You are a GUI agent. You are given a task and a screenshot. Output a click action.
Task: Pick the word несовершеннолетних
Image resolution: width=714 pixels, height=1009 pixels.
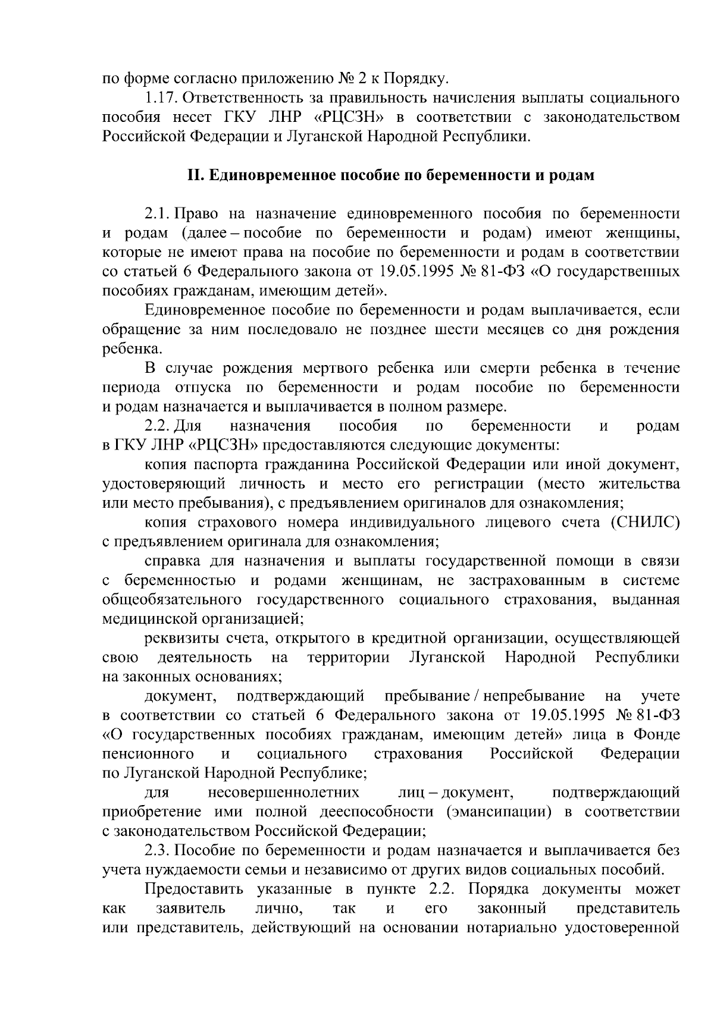pyautogui.click(x=283, y=793)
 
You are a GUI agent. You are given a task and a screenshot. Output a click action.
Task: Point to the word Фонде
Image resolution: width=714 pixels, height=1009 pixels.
pyautogui.click(x=657, y=735)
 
